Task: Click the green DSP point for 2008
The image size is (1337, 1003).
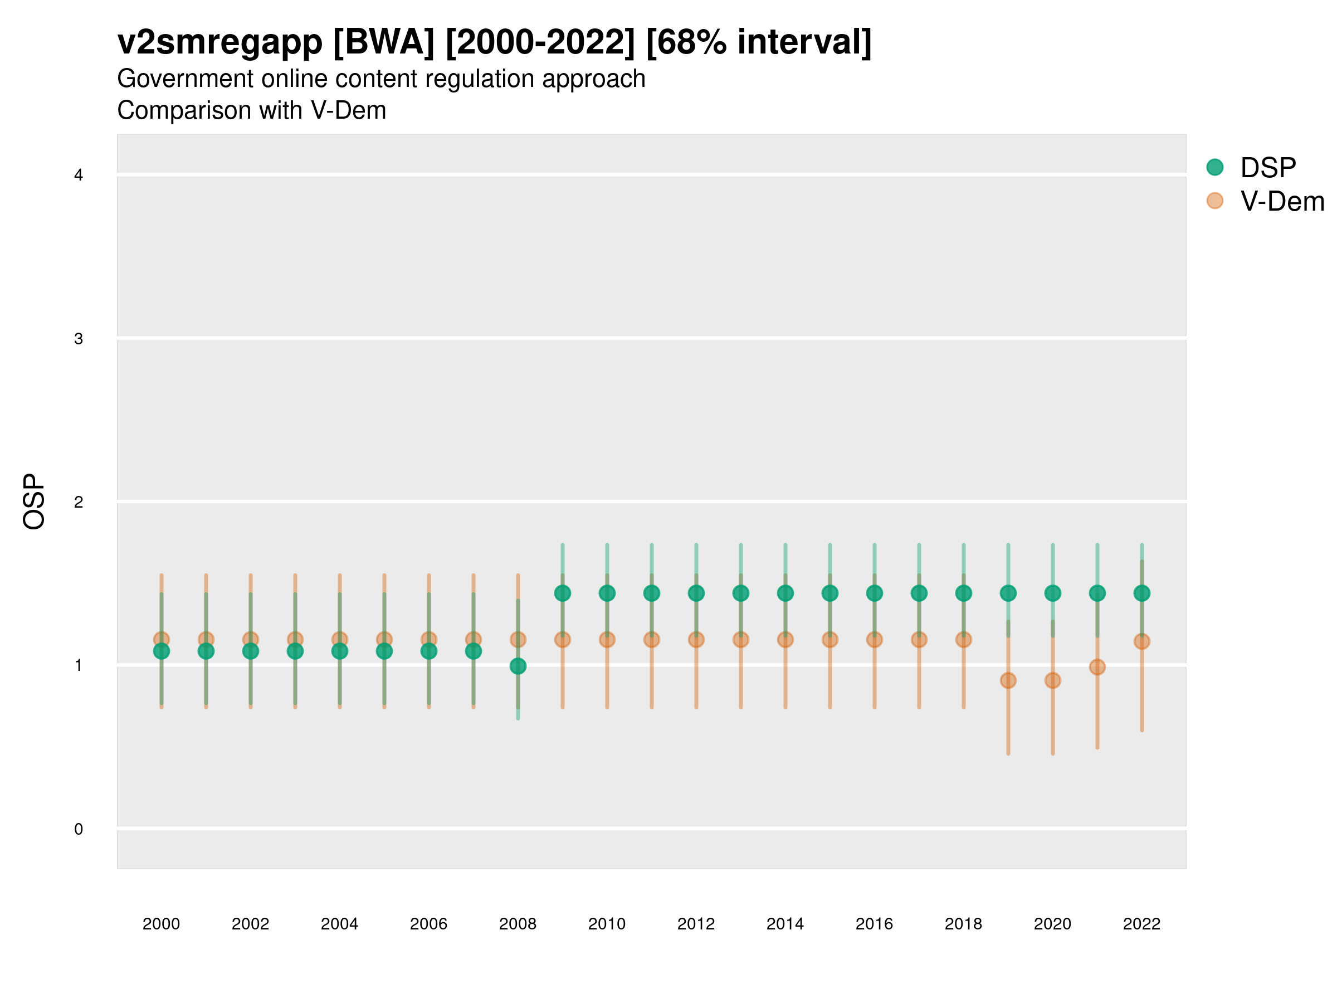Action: pyautogui.click(x=518, y=666)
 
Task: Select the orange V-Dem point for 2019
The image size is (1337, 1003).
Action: pyautogui.click(x=1008, y=681)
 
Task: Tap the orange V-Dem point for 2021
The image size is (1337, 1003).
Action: pyautogui.click(x=1097, y=668)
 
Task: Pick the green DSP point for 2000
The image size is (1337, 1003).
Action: pyautogui.click(x=162, y=651)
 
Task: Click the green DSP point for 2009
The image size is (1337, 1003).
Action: pyautogui.click(x=563, y=593)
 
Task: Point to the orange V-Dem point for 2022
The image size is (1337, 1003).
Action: pyautogui.click(x=1142, y=641)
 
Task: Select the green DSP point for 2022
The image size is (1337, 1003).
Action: pyautogui.click(x=1142, y=593)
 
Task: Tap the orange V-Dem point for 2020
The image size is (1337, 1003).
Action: pyautogui.click(x=1053, y=681)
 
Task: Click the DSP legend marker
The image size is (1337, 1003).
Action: pyautogui.click(x=1215, y=168)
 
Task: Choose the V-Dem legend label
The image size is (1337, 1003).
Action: pyautogui.click(x=1282, y=201)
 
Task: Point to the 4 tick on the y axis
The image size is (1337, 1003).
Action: pyautogui.click(x=79, y=176)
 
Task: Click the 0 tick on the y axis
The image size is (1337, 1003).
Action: pyautogui.click(x=79, y=829)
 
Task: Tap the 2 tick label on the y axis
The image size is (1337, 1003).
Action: pyautogui.click(x=79, y=502)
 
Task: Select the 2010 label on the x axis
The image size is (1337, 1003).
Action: pyautogui.click(x=607, y=924)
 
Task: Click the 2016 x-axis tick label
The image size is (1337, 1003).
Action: pyautogui.click(x=874, y=924)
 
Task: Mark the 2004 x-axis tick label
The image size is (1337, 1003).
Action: pyautogui.click(x=339, y=924)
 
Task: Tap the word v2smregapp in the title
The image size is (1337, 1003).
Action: pyautogui.click(x=220, y=42)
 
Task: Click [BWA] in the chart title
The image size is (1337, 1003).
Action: pyautogui.click(x=383, y=42)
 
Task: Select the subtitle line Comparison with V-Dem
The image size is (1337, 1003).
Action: pyautogui.click(x=251, y=111)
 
